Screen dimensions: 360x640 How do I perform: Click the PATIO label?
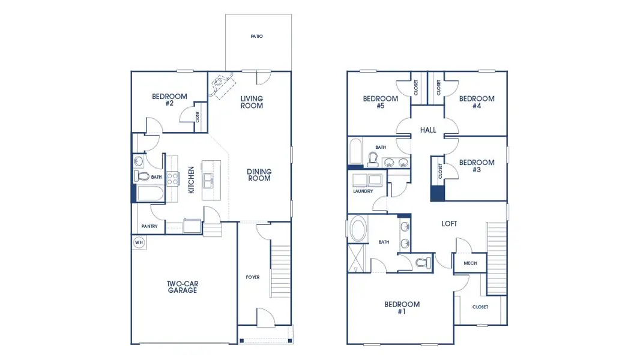click(x=257, y=37)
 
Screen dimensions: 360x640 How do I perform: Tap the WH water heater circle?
click(x=139, y=243)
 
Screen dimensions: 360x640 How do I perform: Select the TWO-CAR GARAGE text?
click(x=182, y=287)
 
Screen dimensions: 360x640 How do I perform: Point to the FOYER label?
click(x=253, y=277)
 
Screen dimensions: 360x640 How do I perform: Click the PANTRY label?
click(x=149, y=226)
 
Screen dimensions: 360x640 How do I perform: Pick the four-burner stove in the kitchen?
click(x=172, y=178)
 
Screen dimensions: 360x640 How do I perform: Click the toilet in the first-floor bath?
click(x=142, y=176)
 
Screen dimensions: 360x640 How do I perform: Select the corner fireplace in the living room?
click(x=221, y=85)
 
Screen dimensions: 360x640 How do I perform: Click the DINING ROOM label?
click(x=259, y=175)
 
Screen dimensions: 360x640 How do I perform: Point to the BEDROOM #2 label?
click(x=169, y=100)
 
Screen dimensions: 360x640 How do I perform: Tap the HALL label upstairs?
click(x=428, y=130)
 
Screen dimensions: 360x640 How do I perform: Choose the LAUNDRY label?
click(x=363, y=191)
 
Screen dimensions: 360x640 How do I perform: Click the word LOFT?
click(x=449, y=224)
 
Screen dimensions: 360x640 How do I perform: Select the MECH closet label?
click(x=470, y=263)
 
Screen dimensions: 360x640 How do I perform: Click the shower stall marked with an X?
click(x=357, y=261)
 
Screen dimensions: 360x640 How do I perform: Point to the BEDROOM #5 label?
click(x=381, y=102)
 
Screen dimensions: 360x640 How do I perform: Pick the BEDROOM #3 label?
click(x=477, y=166)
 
